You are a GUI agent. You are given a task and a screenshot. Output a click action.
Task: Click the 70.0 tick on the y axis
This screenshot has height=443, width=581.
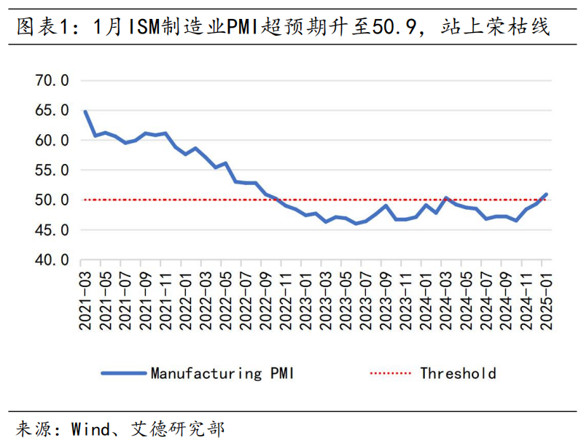point(52,80)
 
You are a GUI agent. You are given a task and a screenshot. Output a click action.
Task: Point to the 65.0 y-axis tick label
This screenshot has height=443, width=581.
point(52,110)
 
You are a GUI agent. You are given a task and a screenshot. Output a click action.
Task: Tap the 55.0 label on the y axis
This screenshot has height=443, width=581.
point(52,170)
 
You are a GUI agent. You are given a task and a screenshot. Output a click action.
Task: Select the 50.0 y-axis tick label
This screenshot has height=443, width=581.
point(52,200)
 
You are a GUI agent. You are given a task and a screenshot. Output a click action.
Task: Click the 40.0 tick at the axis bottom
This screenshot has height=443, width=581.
point(52,259)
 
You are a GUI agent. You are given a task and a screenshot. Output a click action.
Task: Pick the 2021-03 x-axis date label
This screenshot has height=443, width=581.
point(86,299)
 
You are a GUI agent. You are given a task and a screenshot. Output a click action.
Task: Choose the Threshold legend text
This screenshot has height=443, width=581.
point(458,374)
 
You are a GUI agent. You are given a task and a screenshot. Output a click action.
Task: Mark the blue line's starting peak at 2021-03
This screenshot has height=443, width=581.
point(85,111)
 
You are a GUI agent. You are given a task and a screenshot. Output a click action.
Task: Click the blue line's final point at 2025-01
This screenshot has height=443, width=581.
point(547,195)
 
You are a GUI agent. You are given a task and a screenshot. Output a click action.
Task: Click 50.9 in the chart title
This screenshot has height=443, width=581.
point(393,28)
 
